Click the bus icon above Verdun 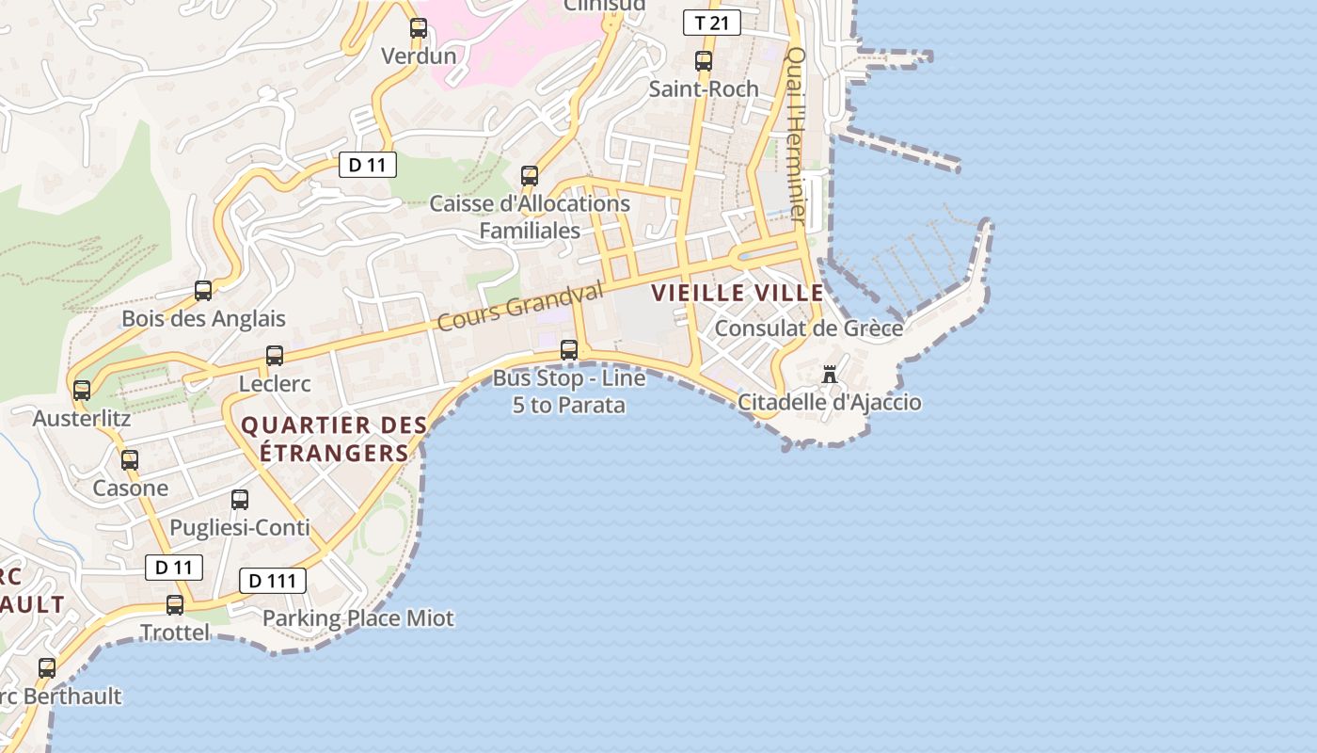[x=419, y=29]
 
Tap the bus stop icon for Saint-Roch [x=704, y=62]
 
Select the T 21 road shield [x=712, y=23]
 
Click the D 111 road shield [x=273, y=581]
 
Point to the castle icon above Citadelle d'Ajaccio [x=829, y=375]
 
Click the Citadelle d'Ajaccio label [x=829, y=403]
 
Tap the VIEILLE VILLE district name [x=738, y=293]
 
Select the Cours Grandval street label [x=520, y=308]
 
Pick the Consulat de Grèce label [x=808, y=328]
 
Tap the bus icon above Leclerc [x=275, y=356]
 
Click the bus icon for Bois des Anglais [x=203, y=291]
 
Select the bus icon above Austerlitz [x=82, y=390]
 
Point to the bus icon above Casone [x=130, y=460]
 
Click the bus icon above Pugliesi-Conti [x=240, y=500]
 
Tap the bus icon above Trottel [x=175, y=605]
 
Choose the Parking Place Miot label [x=357, y=618]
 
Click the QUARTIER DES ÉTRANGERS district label [x=335, y=440]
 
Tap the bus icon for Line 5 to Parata [x=569, y=350]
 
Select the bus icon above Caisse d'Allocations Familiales [x=530, y=176]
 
